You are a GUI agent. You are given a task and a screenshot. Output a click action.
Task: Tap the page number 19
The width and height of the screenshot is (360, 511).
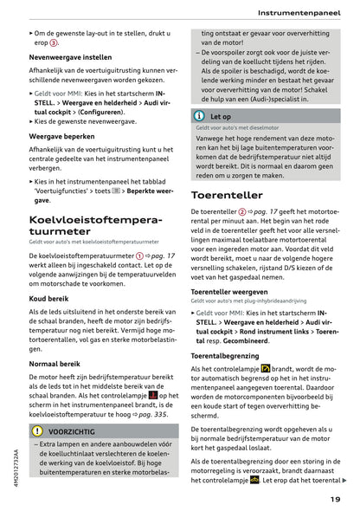(335, 498)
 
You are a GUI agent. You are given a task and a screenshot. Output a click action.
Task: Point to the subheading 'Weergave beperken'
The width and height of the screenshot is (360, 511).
(63, 135)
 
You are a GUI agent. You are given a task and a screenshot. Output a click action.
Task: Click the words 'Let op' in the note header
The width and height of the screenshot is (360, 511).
(221, 115)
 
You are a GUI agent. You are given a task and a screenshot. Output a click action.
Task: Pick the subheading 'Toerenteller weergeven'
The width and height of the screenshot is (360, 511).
(232, 292)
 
